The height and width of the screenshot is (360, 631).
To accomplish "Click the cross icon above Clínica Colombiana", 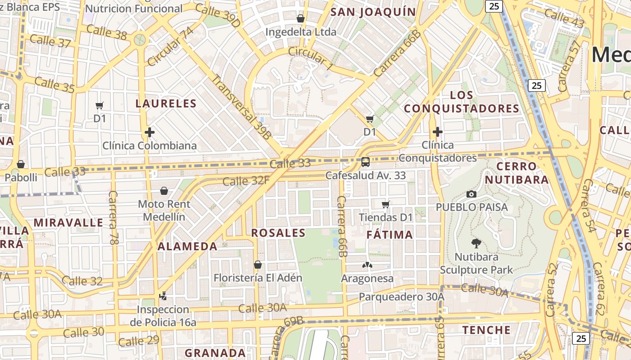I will pyautogui.click(x=150, y=132).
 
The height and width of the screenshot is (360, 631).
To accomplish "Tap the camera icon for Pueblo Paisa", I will pyautogui.click(x=471, y=194).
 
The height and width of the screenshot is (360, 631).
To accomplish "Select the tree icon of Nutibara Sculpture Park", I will pyautogui.click(x=476, y=244).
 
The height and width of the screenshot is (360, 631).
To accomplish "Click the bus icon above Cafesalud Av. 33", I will pyautogui.click(x=366, y=162).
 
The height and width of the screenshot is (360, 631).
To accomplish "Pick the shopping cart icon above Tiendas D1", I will pyautogui.click(x=385, y=205).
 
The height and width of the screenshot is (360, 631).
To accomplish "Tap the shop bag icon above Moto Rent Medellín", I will pyautogui.click(x=164, y=191).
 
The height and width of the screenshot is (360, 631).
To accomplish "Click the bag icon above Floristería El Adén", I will pyautogui.click(x=258, y=265).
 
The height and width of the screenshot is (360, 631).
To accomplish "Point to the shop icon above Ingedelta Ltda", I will pyautogui.click(x=301, y=18).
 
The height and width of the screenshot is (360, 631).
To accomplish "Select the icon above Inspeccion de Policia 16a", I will pyautogui.click(x=163, y=296).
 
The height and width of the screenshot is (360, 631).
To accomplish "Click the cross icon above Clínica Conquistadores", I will pyautogui.click(x=437, y=132).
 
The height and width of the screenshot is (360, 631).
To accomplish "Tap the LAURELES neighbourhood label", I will pyautogui.click(x=166, y=104).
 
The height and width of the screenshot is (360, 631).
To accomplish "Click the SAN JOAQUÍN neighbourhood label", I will pyautogui.click(x=373, y=12).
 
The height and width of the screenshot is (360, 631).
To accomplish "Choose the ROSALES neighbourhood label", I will pyautogui.click(x=278, y=233).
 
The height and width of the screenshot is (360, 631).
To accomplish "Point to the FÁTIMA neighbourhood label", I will pyautogui.click(x=389, y=235).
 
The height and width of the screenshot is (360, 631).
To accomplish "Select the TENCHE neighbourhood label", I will pyautogui.click(x=487, y=330).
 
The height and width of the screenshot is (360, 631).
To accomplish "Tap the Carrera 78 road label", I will pyautogui.click(x=113, y=218).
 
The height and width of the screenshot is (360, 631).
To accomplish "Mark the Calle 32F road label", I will pyautogui.click(x=246, y=181).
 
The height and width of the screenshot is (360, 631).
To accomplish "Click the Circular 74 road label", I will pyautogui.click(x=170, y=46).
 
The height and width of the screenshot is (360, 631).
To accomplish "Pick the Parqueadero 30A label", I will pyautogui.click(x=402, y=297).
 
